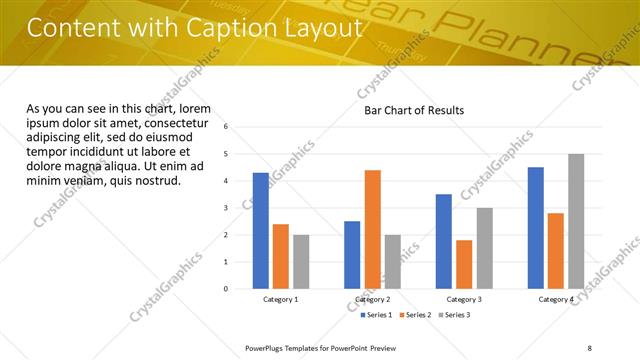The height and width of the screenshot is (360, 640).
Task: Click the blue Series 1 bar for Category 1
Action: (261, 231)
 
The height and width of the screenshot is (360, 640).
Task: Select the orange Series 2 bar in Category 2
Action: (372, 229)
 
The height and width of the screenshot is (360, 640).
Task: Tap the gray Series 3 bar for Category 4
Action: (575, 221)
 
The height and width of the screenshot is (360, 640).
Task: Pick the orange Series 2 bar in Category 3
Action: (464, 264)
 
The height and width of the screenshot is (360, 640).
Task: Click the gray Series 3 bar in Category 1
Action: (301, 262)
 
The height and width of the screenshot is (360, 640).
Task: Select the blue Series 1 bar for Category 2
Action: (352, 255)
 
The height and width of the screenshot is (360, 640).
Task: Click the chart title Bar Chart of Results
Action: (414, 110)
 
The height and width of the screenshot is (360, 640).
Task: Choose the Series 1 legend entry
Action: (377, 315)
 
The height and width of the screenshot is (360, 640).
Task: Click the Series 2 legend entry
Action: (415, 315)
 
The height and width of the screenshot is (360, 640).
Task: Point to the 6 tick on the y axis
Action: (226, 127)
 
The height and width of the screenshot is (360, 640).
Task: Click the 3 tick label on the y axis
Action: (226, 208)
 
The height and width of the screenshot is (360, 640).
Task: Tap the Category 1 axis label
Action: (281, 300)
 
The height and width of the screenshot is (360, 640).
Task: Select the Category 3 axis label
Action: (464, 300)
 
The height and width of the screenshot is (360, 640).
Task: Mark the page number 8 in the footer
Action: (589, 347)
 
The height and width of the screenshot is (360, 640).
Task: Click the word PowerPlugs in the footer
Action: (266, 347)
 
